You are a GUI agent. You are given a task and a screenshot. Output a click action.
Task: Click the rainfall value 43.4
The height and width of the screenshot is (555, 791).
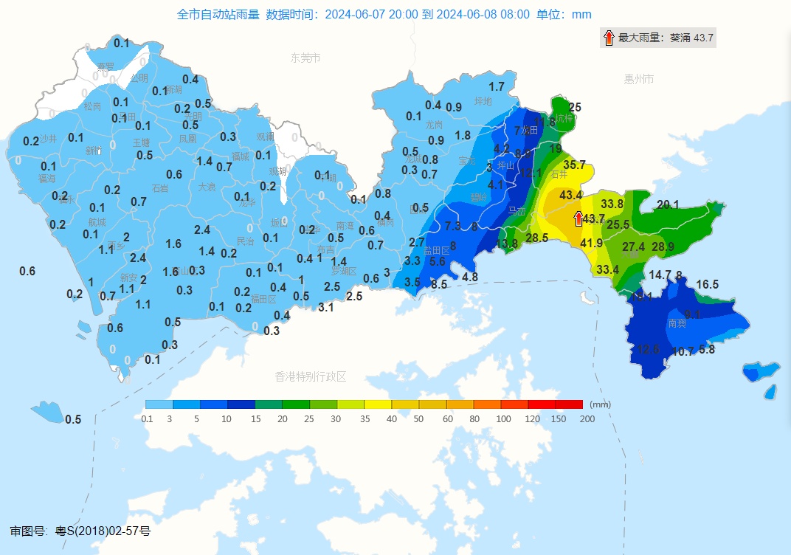click(x=570, y=195)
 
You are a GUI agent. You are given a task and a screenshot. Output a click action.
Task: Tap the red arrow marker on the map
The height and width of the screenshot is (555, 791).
click(x=578, y=218)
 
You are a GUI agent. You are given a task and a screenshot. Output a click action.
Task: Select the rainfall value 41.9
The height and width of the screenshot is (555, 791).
click(x=591, y=243)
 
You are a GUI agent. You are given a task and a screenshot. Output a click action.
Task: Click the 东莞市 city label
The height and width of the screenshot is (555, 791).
click(x=305, y=58)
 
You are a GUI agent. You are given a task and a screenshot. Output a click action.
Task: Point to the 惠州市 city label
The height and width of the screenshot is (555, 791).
click(x=638, y=79)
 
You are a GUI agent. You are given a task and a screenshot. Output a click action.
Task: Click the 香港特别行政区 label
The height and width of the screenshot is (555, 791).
click(x=310, y=376)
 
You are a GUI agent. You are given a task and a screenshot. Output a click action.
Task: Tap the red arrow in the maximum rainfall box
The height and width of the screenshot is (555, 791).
click(x=609, y=38)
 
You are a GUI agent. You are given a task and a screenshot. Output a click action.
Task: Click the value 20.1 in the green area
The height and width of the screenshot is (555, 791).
click(x=667, y=204)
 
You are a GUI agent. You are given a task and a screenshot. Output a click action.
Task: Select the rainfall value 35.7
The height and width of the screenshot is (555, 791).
click(x=574, y=165)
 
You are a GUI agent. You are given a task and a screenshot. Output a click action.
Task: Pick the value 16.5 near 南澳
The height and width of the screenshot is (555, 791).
click(x=707, y=284)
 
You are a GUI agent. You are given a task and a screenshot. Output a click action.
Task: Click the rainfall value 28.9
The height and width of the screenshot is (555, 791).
click(x=663, y=247)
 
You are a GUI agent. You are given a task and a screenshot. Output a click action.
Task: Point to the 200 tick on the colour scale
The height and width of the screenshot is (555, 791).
click(x=587, y=418)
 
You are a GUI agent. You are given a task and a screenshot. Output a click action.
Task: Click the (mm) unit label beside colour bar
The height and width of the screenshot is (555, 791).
click(x=601, y=404)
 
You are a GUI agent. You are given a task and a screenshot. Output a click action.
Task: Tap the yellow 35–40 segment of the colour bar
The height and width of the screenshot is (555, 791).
click(x=377, y=404)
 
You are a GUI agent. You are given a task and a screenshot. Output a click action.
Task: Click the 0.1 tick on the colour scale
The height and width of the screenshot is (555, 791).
click(x=147, y=418)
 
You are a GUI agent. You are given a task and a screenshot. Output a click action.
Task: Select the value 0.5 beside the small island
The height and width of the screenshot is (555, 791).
click(x=73, y=419)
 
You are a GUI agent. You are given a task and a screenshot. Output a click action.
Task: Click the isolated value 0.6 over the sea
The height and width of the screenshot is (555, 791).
click(x=27, y=272)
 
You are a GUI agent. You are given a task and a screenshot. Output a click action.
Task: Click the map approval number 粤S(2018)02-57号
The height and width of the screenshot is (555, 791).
click(x=103, y=531)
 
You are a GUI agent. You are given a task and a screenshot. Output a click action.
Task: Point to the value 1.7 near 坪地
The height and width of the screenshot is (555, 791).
click(x=497, y=86)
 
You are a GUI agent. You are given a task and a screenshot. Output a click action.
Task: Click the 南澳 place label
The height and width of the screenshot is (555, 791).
click(x=677, y=323)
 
